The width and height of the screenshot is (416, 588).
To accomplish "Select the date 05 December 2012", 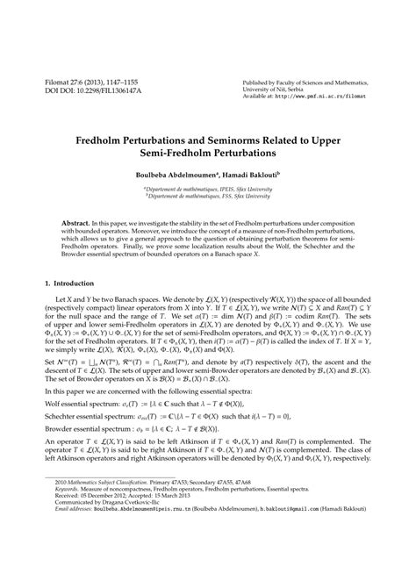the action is pos(106,542).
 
